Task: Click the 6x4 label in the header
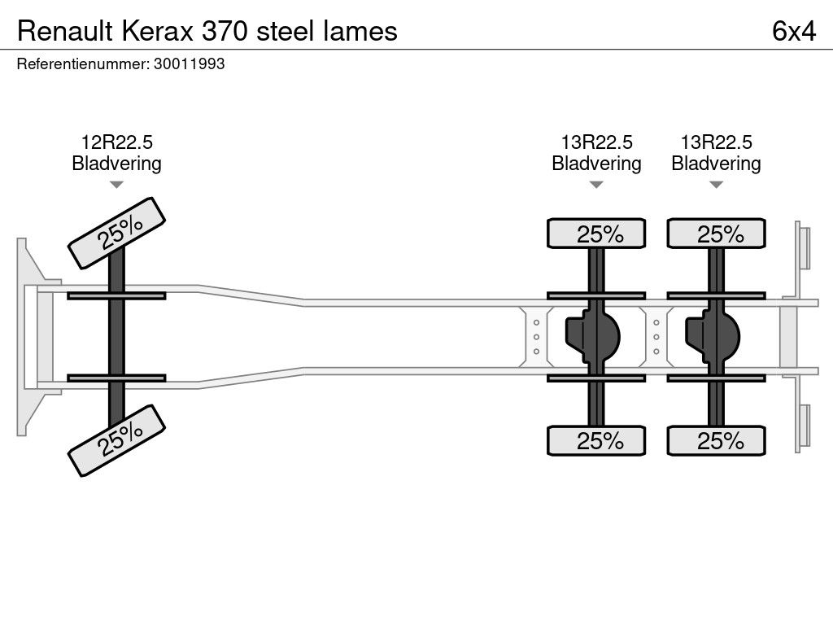tap(793, 31)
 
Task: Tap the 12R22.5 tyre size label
tap(116, 142)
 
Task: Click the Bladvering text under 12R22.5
tap(116, 164)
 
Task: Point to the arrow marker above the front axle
tap(116, 185)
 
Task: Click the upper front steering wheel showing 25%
tap(116, 233)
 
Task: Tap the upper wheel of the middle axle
tap(596, 234)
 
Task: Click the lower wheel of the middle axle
tap(596, 441)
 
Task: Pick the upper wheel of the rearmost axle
tap(716, 234)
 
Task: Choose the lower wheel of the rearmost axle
tap(716, 441)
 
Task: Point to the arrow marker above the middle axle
tap(596, 185)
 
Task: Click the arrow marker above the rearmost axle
tap(716, 185)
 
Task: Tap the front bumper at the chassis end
tap(29, 337)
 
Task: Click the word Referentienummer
tap(82, 64)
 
